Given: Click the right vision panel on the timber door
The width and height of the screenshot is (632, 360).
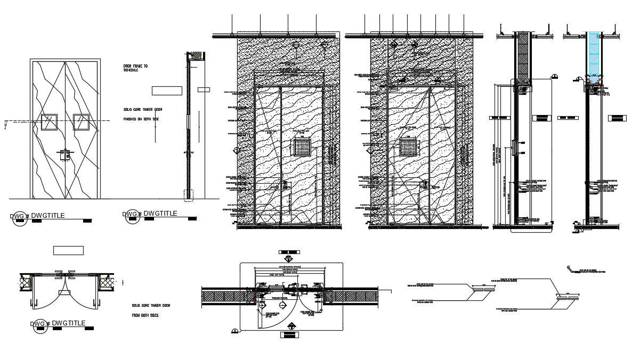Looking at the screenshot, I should [x=81, y=122].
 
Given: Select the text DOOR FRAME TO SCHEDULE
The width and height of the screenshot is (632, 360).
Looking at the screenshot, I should [x=135, y=68].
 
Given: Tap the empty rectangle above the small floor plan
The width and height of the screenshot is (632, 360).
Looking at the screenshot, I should [x=69, y=250].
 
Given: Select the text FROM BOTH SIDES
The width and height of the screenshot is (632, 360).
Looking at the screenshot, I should [x=145, y=315].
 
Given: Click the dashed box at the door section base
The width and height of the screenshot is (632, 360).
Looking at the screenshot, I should [x=188, y=194].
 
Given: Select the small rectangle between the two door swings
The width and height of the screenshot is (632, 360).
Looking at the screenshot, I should [x=65, y=292].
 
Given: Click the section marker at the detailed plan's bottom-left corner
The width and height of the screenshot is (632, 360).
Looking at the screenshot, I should [x=234, y=332].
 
